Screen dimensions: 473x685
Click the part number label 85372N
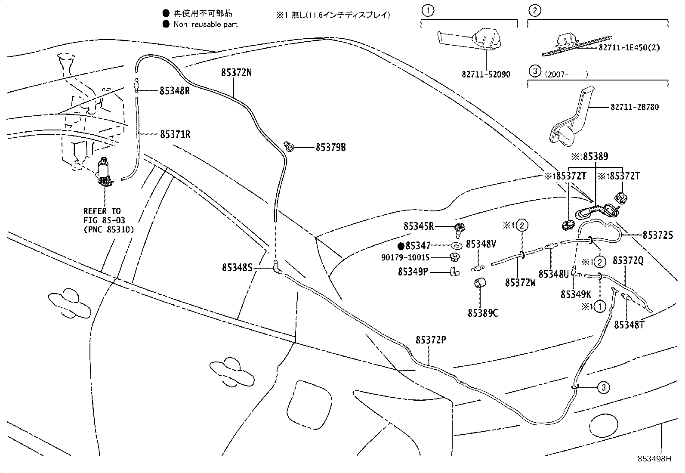236,73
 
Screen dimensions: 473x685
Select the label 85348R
175,91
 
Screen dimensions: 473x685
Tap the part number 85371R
175,134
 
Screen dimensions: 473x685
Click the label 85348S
237,268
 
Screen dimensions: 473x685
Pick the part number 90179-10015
405,257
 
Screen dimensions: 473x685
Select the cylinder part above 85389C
480,285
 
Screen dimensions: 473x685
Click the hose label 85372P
430,340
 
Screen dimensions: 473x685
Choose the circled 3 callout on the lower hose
604,387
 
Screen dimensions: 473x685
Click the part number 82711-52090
486,74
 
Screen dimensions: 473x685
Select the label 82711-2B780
634,107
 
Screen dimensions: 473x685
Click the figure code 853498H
654,458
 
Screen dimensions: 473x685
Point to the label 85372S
657,235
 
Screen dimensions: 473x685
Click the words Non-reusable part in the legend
205,24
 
